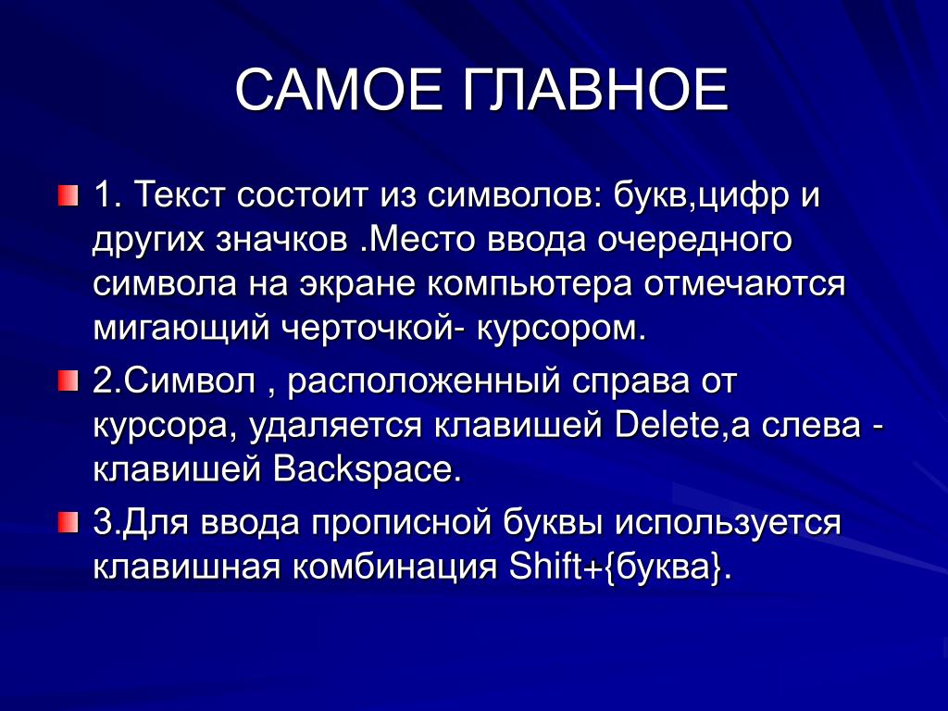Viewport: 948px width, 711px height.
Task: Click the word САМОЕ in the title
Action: pyautogui.click(x=339, y=90)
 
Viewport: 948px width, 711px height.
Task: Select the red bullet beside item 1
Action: pyautogui.click(x=69, y=196)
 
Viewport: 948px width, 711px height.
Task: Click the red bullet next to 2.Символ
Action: pyautogui.click(x=69, y=381)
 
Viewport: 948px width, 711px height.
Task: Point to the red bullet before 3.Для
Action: pyautogui.click(x=69, y=522)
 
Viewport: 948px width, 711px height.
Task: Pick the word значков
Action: pyautogui.click(x=281, y=240)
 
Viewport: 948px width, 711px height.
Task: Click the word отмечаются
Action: pyautogui.click(x=743, y=285)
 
